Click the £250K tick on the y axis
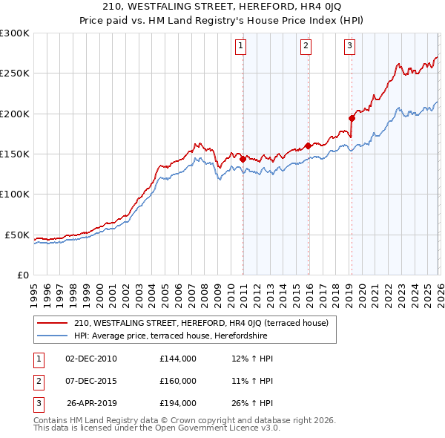15,73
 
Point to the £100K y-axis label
15,194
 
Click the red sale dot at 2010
243,158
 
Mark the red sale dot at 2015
308,146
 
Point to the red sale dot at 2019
352,118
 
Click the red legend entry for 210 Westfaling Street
205,323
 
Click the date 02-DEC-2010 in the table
91,359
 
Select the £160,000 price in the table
177,381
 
